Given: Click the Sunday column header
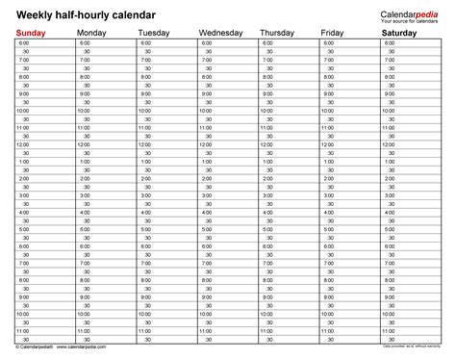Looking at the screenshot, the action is click(31, 35).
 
